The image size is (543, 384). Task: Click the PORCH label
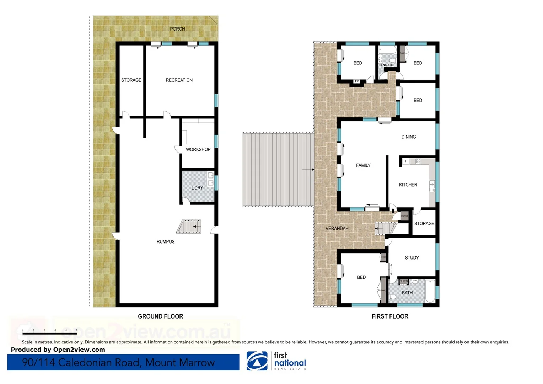[x=177, y=29]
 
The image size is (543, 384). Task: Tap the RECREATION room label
[x=179, y=80]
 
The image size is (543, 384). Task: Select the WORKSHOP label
[x=198, y=149]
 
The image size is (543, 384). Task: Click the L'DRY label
[x=197, y=188]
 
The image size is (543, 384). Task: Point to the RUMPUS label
[x=166, y=241]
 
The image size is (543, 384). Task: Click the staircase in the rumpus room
[x=189, y=226]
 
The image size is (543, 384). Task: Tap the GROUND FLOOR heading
[x=160, y=316]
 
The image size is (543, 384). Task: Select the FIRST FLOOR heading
[x=390, y=316]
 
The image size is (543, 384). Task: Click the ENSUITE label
[x=387, y=65]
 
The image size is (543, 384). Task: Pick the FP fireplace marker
[x=357, y=81]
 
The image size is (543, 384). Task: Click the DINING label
[x=408, y=137]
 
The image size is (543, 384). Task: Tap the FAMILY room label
[x=363, y=165]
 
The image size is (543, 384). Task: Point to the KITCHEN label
[x=408, y=185]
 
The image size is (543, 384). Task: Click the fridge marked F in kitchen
[x=406, y=161]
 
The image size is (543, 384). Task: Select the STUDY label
[x=412, y=258]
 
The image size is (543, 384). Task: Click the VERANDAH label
[x=337, y=228]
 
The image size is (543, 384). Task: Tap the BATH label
[x=407, y=293]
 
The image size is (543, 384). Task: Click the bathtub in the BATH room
[x=430, y=291]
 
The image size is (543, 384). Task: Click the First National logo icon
[x=257, y=361]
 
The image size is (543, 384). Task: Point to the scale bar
[x=50, y=334]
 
